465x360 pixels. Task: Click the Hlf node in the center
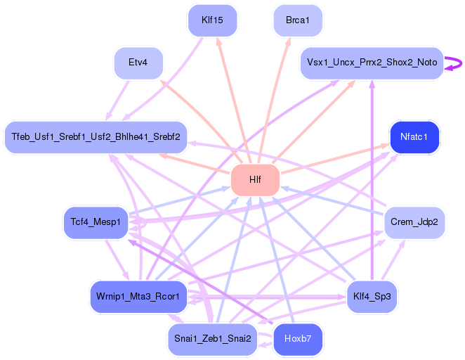coord(255,180)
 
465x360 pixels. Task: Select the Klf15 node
coord(212,20)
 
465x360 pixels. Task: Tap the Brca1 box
coord(298,20)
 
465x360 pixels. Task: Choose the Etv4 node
coord(138,63)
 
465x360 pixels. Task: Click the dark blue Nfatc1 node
coord(414,136)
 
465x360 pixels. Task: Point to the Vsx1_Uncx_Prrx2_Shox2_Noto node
coord(371,63)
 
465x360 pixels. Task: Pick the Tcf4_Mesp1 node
coord(96,222)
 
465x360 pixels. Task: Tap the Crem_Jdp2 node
coord(414,222)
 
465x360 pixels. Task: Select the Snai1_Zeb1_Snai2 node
coord(211,339)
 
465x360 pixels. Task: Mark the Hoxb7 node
coord(298,339)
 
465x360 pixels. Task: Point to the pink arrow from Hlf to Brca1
coord(275,98)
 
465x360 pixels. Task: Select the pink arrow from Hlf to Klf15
coord(232,98)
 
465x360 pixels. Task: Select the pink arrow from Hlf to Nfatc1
coord(330,160)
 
